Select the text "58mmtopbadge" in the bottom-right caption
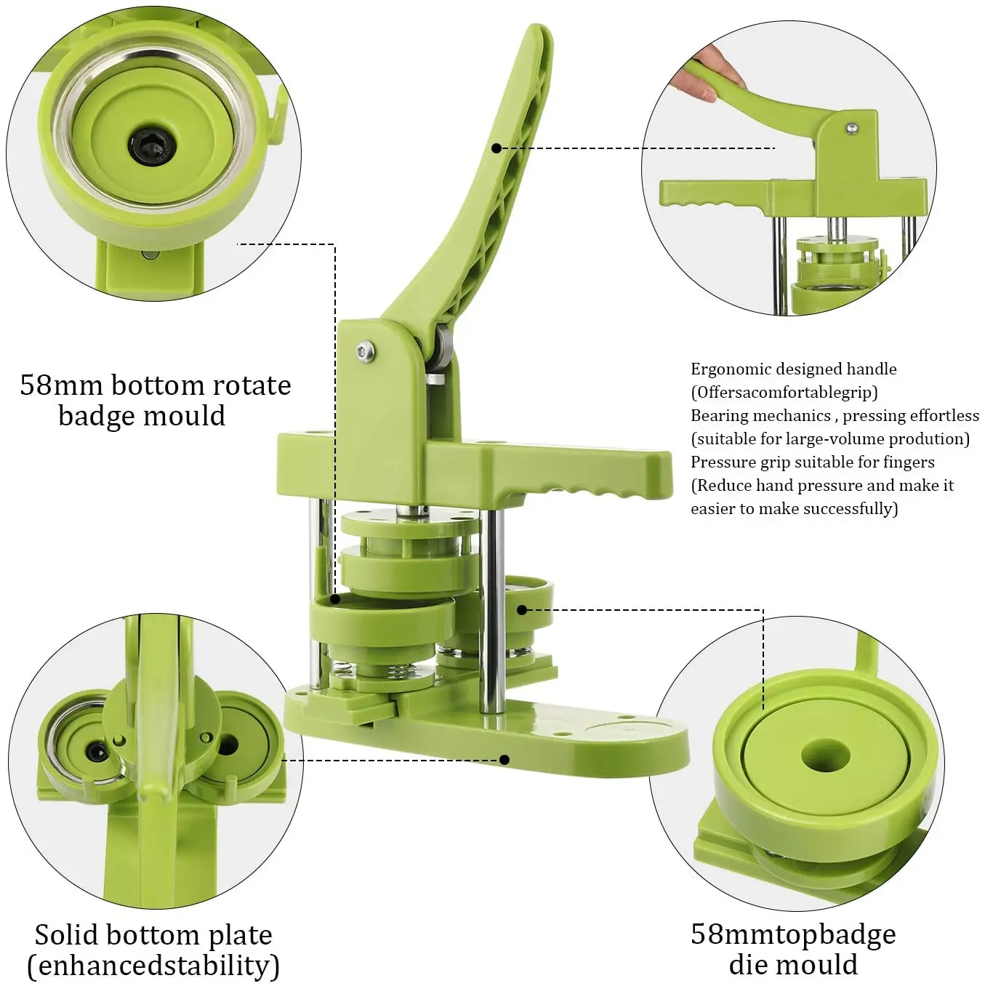793,934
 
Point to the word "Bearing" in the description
718,416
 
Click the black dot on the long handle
496,148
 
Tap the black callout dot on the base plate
504,760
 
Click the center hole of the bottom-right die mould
825,755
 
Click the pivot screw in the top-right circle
851,129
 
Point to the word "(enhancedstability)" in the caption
153,966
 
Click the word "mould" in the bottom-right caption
824,966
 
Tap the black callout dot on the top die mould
522,609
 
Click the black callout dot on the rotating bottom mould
335,599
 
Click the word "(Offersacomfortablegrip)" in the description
784,393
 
